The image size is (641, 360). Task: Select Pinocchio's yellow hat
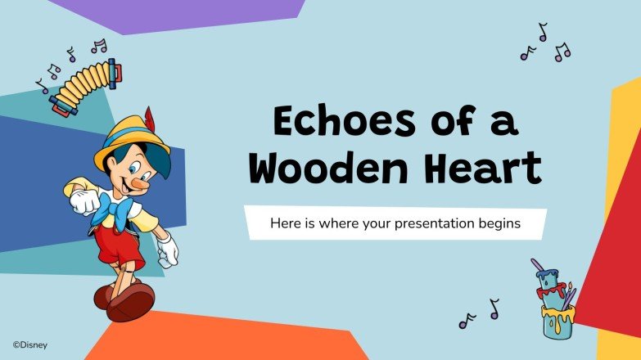coord(131,139)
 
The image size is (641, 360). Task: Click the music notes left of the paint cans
coord(478,315)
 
